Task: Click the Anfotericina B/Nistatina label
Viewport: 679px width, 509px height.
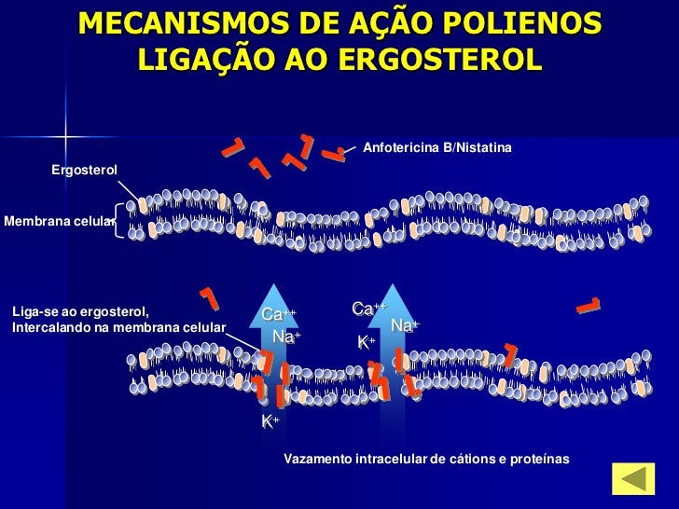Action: point(436,148)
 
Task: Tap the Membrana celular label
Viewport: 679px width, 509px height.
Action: point(58,221)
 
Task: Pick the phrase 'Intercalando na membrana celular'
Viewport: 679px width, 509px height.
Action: point(119,327)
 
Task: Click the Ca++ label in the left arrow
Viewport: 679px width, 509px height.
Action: point(277,314)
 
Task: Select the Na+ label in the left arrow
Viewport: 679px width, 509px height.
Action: point(285,336)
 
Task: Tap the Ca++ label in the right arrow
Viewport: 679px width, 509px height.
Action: point(368,309)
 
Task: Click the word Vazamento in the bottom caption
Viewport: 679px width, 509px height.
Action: point(316,460)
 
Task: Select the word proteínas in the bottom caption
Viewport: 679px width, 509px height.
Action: point(538,460)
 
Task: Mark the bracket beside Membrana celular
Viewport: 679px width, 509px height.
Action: point(118,221)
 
